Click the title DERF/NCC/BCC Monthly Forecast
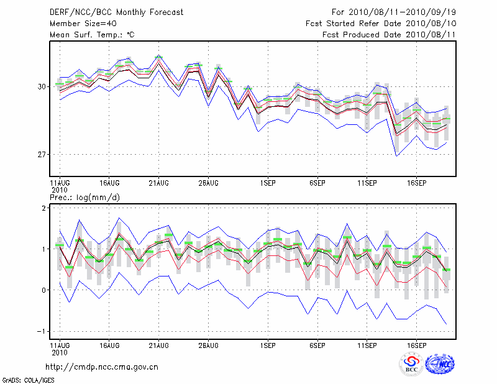click(x=116, y=12)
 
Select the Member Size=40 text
click(x=81, y=24)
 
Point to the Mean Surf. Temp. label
click(x=92, y=35)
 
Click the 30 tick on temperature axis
click(x=42, y=86)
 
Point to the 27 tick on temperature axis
click(x=42, y=154)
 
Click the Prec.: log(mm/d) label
click(x=85, y=197)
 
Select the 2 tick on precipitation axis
click(x=44, y=208)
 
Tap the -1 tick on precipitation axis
click(x=42, y=331)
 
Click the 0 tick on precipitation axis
click(x=44, y=290)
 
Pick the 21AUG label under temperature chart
click(x=158, y=183)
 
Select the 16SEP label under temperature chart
click(x=416, y=183)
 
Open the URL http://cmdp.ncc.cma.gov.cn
click(x=102, y=367)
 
